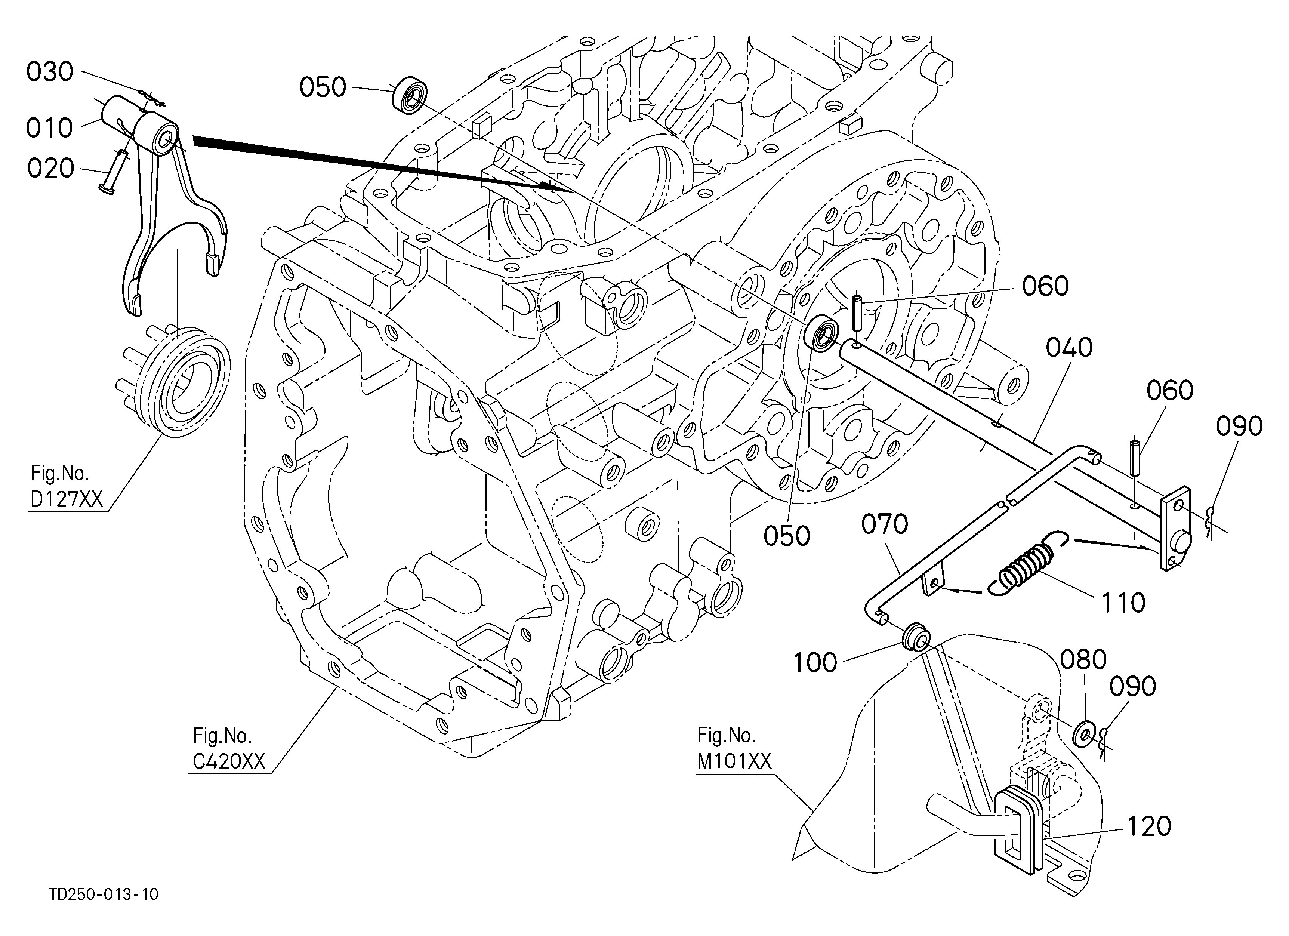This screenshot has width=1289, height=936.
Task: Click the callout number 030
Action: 50,72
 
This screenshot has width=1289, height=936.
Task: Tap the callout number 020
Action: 50,169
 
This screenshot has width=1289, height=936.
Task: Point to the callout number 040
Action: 1069,347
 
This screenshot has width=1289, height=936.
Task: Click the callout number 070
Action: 884,524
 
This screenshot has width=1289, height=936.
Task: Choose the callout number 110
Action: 1123,603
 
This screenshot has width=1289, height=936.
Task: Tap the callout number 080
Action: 1083,660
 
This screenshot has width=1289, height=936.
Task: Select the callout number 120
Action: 1148,826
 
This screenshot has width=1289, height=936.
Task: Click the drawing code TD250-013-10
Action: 104,894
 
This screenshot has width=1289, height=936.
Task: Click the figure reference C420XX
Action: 229,761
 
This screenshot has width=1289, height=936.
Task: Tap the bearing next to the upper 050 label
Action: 409,96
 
